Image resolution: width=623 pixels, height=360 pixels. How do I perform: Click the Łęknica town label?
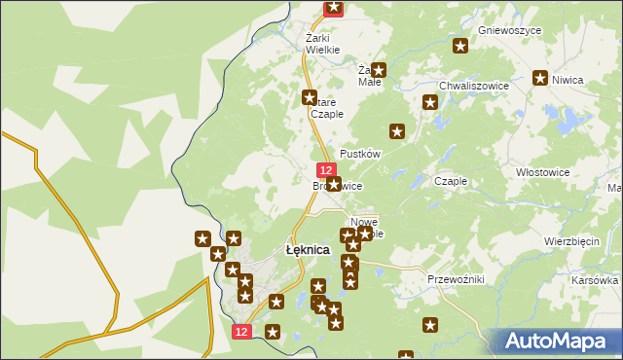click(308, 250)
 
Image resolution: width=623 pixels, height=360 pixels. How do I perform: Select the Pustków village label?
click(358, 154)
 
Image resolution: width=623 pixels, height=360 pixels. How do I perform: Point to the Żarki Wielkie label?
click(322, 43)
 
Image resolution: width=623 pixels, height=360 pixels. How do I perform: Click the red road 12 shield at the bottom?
click(243, 332)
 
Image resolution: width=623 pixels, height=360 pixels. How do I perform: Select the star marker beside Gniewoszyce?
click(460, 45)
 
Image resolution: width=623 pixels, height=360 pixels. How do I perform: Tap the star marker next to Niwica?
click(540, 78)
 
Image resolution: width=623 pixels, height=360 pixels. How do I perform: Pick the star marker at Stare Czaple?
click(310, 97)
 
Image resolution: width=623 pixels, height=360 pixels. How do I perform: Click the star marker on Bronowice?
click(334, 184)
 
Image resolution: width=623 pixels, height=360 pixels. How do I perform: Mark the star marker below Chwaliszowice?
click(429, 102)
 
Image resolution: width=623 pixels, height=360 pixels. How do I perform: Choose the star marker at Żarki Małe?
click(379, 70)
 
